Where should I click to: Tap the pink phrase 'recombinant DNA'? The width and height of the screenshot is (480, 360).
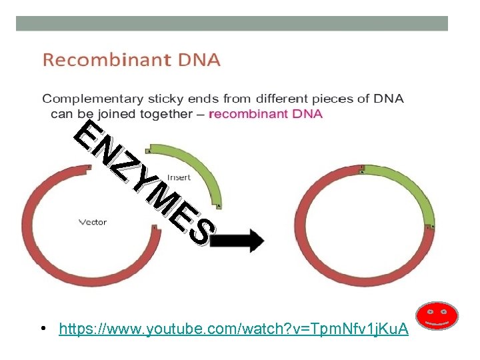coord(265,113)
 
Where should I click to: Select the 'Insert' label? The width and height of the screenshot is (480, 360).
coord(179,177)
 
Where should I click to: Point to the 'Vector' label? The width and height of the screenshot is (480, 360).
coord(93,222)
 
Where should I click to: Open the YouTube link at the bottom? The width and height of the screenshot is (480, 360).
coord(233,329)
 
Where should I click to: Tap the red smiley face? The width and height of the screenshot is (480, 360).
coord(437,317)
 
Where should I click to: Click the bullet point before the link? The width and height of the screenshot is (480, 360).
coord(42,329)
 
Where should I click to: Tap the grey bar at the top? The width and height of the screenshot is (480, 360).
coord(231,23)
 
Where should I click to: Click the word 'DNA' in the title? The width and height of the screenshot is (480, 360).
coord(198,61)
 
